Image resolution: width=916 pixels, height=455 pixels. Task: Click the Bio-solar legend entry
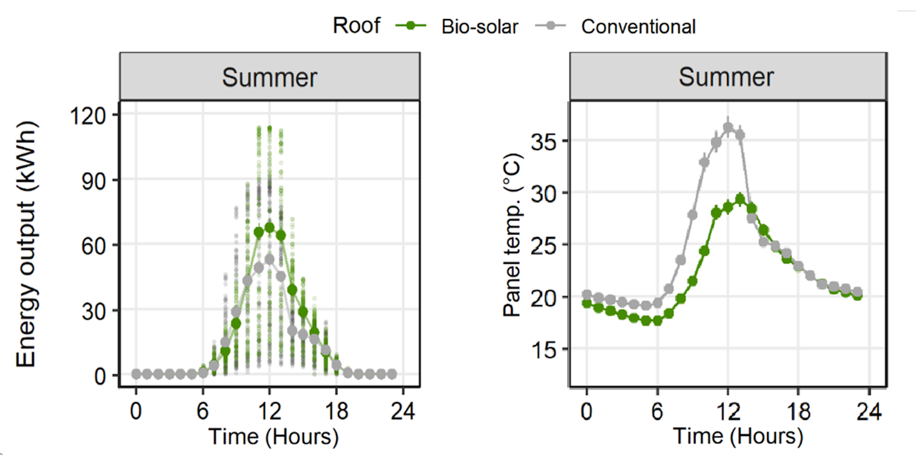[479, 27]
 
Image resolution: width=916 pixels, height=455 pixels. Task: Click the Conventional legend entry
[637, 27]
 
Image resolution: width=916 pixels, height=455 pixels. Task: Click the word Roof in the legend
[356, 26]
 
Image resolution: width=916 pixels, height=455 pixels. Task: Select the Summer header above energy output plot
[270, 77]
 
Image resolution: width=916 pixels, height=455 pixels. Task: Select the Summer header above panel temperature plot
[726, 77]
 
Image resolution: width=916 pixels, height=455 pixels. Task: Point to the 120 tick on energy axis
[88, 116]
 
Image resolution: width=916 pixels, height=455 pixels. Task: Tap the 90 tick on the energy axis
[94, 181]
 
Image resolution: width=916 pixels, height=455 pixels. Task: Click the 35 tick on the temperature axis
[543, 142]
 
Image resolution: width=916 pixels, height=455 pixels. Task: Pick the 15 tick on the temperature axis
[543, 350]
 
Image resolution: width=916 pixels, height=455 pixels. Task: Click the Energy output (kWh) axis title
[26, 243]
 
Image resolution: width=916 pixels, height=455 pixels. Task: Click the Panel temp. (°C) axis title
[512, 235]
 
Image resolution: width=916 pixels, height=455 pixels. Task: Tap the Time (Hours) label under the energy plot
[273, 436]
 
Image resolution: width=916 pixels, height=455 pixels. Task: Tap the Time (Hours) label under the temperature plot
[738, 436]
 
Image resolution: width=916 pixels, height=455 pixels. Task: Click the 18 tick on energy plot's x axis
[336, 411]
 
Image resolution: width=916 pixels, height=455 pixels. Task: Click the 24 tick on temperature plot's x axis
[869, 411]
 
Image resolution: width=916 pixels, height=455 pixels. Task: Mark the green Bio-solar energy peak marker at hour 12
[270, 228]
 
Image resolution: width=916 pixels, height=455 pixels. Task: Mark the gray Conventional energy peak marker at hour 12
[270, 259]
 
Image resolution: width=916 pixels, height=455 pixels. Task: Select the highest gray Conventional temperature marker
[728, 127]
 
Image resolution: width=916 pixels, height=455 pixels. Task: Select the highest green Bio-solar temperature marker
[740, 200]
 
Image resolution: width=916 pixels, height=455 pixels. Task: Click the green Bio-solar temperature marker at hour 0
[587, 303]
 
